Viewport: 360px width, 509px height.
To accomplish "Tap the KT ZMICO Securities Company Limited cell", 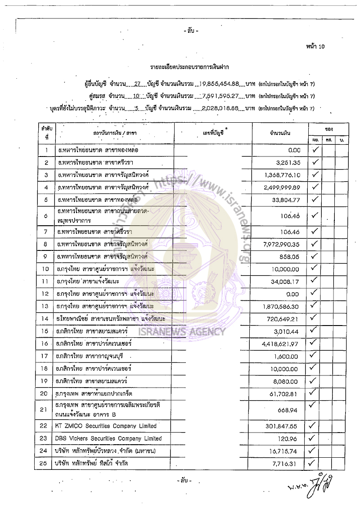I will [105, 426].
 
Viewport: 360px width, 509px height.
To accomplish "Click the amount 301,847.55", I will [283, 426].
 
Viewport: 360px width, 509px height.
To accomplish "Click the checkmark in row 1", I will [315, 150].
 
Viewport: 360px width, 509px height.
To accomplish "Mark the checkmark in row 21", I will [315, 406].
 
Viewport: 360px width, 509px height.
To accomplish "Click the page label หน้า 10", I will [315, 46].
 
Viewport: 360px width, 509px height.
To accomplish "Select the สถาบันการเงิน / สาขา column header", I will [115, 133].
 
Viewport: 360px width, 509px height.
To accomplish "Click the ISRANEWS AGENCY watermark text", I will [182, 332].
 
